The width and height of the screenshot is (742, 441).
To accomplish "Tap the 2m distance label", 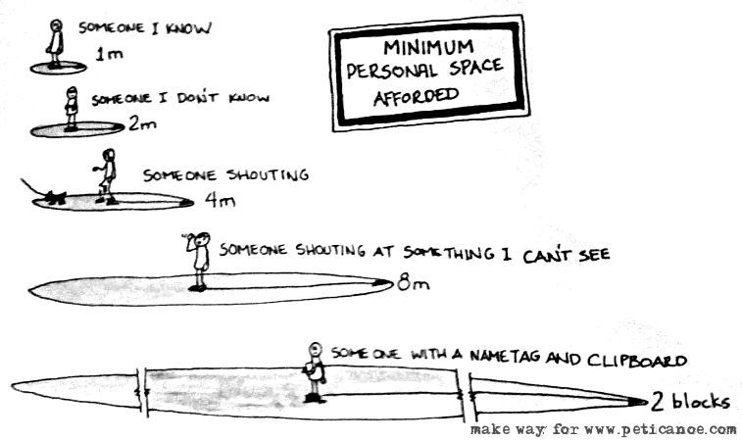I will [x=141, y=124].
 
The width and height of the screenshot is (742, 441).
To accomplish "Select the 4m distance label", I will [x=216, y=201].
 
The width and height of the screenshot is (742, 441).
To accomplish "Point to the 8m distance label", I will [x=409, y=285].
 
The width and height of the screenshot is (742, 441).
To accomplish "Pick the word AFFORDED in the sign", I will [x=414, y=96].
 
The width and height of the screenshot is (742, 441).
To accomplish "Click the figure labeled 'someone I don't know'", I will [x=71, y=108].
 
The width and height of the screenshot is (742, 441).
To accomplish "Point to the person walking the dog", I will [x=106, y=176].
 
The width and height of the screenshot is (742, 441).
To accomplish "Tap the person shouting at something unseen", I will [x=199, y=260].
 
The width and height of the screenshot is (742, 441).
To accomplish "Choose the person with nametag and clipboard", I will [x=314, y=372].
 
